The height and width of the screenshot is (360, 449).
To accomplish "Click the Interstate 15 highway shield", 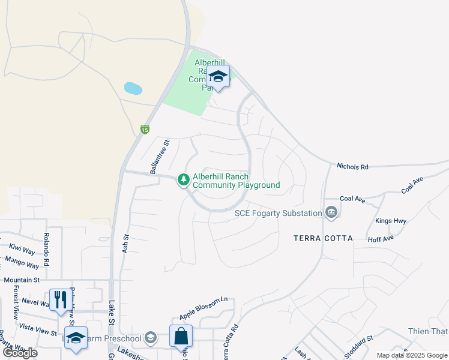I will (x=145, y=129).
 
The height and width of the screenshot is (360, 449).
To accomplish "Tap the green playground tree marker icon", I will (x=183, y=179).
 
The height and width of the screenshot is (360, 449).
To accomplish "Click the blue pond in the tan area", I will (x=133, y=89).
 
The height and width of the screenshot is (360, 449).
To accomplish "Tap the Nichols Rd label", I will (x=352, y=166).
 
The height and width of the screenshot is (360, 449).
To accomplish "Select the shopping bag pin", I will (x=181, y=337).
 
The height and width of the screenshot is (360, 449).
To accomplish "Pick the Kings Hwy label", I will (x=391, y=221).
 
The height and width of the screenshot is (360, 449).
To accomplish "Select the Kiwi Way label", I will (x=21, y=250).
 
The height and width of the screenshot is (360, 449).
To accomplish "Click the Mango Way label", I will (x=22, y=262).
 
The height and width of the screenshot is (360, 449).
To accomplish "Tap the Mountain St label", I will (x=21, y=280).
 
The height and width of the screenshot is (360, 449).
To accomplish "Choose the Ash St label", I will (x=125, y=243).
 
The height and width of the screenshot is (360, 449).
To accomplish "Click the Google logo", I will (x=20, y=353).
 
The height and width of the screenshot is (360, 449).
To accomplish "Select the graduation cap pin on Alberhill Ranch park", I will (x=218, y=77).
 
